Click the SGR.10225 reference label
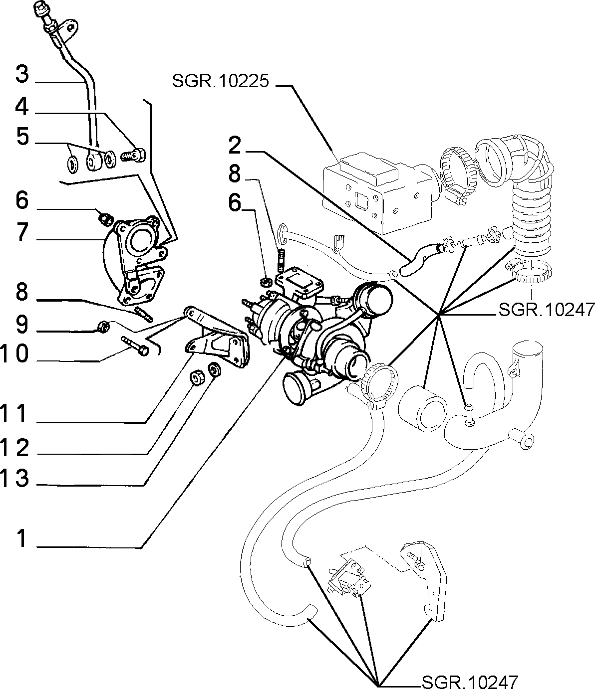(x=220, y=81)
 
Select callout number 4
(x=22, y=107)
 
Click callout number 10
(x=14, y=353)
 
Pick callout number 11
(x=13, y=414)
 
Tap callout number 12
(x=14, y=448)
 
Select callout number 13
(x=14, y=478)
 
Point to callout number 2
(x=235, y=146)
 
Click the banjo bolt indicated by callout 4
(x=133, y=156)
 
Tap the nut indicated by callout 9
(x=102, y=327)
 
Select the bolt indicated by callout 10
(x=135, y=346)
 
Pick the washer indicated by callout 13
(x=215, y=369)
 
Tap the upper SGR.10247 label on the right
(x=547, y=310)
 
